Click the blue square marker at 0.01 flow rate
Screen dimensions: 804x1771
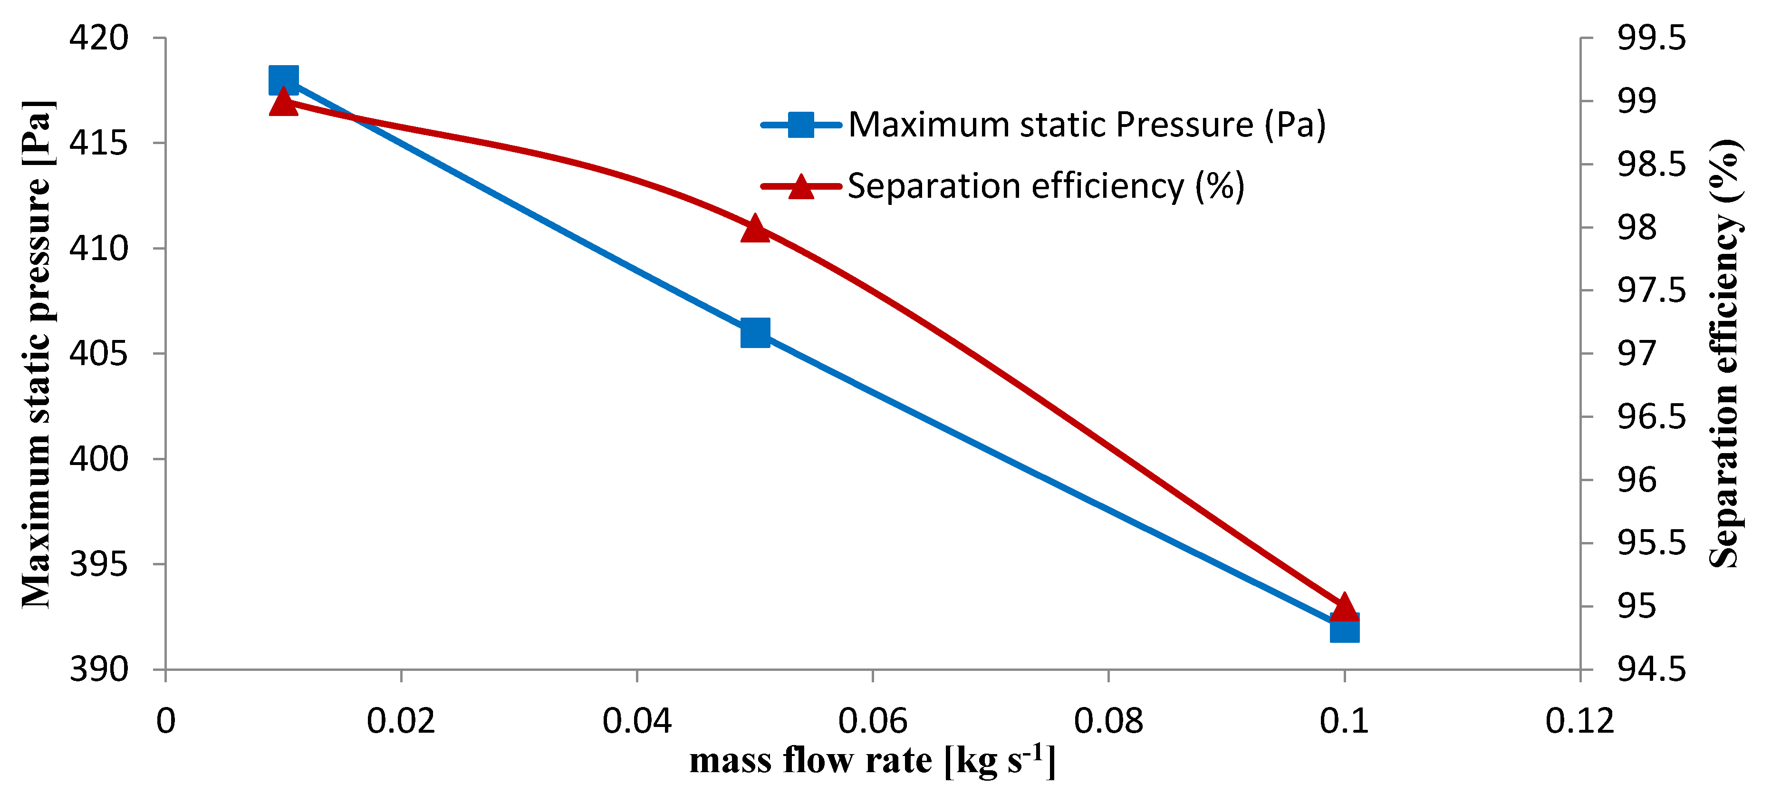[283, 80]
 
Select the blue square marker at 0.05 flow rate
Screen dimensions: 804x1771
[755, 333]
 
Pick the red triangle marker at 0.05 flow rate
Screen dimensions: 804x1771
[755, 228]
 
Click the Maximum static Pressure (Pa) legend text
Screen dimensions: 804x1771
[1086, 125]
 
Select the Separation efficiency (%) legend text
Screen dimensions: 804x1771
[1045, 186]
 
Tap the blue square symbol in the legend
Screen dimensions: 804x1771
[801, 125]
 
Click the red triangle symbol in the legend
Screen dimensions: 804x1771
[801, 186]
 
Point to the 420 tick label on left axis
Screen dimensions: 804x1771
[98, 38]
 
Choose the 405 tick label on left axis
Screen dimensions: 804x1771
[98, 354]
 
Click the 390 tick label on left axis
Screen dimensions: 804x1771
[98, 669]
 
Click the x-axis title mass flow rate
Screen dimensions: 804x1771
[872, 761]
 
